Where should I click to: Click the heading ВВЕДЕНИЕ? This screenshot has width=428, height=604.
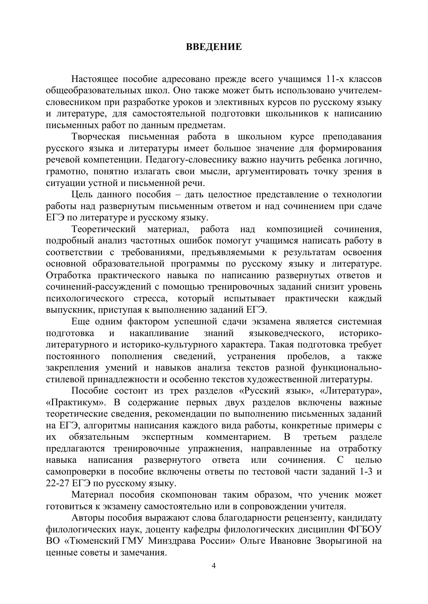click(214, 47)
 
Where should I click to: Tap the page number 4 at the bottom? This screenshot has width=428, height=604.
click(213, 566)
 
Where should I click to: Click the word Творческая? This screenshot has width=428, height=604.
click(96, 137)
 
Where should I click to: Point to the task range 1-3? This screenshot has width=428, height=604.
click(365, 472)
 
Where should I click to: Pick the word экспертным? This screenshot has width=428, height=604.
click(167, 437)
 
